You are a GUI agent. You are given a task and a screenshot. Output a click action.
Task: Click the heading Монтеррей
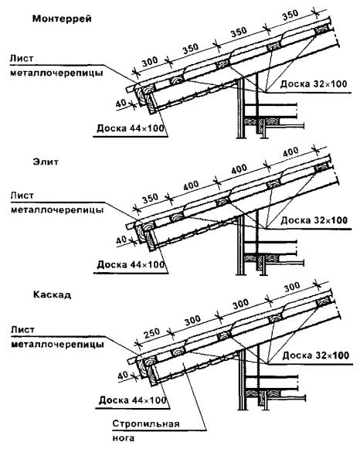62,19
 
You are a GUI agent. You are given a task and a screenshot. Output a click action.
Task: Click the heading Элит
46,162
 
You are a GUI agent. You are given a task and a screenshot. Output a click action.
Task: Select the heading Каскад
52,294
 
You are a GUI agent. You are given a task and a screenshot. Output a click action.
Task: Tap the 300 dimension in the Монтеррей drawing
150,61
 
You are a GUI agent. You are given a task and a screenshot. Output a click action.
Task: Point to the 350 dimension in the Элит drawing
150,198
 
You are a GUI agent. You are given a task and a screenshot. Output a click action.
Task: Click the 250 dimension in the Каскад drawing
151,333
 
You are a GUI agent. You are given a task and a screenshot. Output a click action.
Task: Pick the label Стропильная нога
146,430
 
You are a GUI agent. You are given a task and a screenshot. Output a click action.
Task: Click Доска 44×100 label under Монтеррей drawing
131,128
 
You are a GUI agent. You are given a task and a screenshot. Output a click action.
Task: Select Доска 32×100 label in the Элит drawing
314,220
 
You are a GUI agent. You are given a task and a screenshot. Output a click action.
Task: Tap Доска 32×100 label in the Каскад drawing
316,355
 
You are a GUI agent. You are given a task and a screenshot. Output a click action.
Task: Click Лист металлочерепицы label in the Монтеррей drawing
56,66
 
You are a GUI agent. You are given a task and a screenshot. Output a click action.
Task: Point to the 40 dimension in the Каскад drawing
123,376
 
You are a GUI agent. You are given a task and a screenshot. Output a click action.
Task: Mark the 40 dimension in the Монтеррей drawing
121,104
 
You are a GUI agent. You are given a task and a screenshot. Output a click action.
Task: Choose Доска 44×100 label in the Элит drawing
131,264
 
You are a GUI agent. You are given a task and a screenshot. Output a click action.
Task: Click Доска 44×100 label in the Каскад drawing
133,400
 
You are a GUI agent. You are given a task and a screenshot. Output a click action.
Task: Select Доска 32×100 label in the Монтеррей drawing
314,84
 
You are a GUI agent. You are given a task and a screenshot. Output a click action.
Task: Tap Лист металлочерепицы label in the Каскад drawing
57,337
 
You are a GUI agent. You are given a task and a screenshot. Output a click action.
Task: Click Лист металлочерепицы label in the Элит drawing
57,202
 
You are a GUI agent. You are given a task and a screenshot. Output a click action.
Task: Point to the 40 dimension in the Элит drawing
121,240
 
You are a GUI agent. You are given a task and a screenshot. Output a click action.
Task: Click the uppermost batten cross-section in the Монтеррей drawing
321,30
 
